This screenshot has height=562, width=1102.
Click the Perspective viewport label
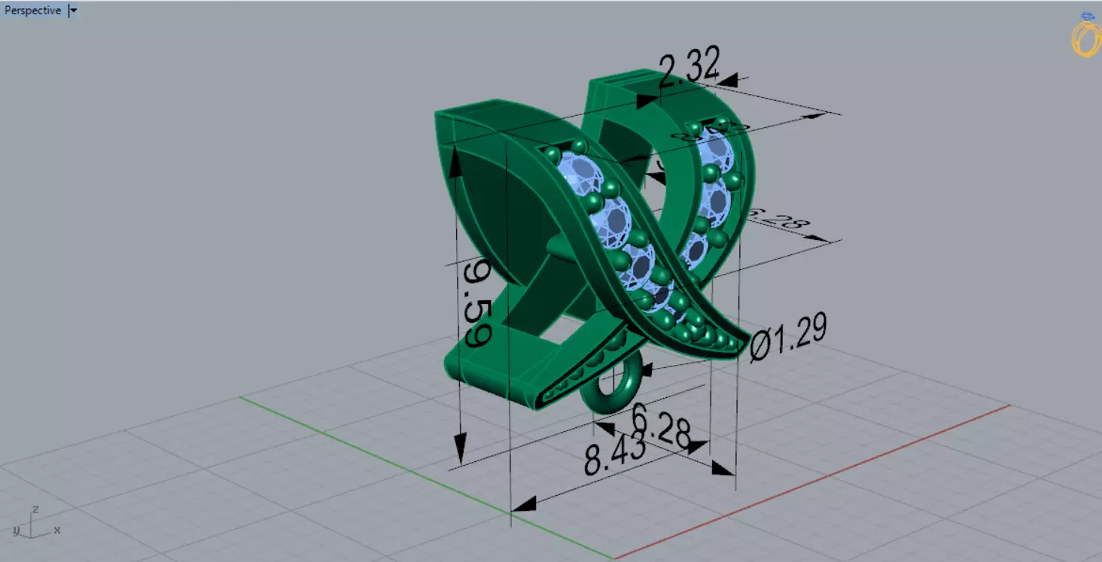32,11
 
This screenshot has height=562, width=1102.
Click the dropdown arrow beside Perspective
73,11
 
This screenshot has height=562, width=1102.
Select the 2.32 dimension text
689,67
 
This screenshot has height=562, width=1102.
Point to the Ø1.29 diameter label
789,337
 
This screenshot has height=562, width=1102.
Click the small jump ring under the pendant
612,383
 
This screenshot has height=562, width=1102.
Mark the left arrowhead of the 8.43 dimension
524,503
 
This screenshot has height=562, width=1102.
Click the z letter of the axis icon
35,509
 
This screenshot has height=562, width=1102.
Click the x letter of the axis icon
56,530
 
